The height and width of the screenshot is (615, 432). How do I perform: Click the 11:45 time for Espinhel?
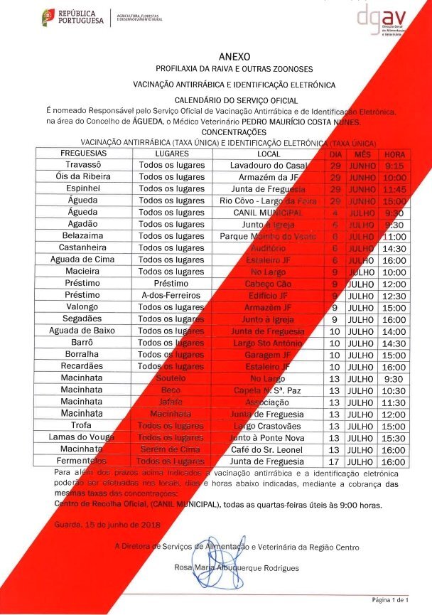[394, 189]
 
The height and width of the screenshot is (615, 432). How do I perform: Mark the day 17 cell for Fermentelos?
[336, 461]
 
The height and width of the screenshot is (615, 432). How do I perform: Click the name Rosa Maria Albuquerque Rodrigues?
[237, 568]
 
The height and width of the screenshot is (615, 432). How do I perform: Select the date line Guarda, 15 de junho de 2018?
[107, 524]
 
